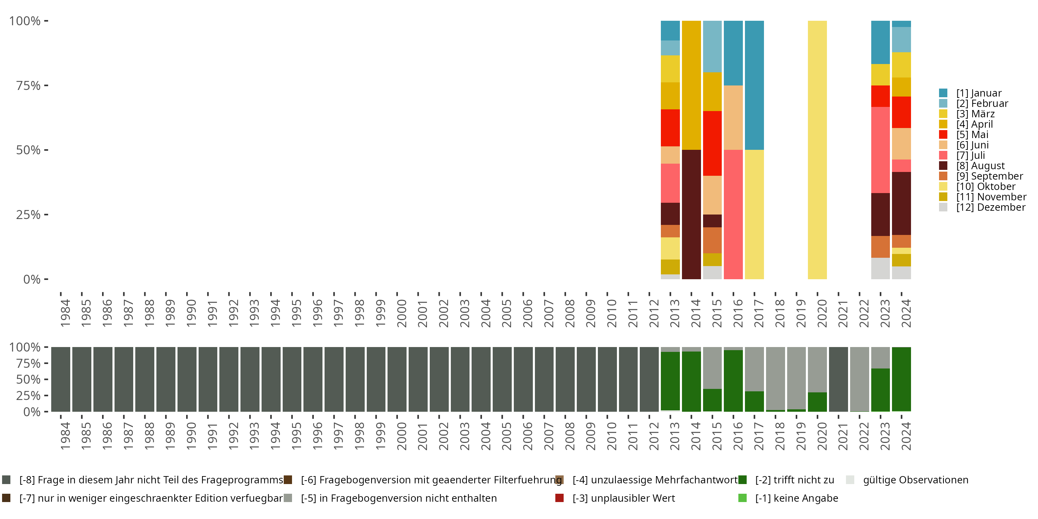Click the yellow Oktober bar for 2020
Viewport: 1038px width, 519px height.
(817, 149)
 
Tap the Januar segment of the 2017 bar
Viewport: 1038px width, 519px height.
(754, 85)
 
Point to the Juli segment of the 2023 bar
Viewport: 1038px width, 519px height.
(881, 149)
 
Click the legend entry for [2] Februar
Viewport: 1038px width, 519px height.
(982, 103)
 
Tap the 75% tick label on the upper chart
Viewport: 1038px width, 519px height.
(28, 85)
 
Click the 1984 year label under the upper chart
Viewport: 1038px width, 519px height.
(65, 313)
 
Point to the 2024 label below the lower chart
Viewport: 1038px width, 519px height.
(906, 436)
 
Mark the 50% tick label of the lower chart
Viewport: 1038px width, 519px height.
(28, 379)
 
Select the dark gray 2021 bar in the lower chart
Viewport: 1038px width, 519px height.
(838, 379)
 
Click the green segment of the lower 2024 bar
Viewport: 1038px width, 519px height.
(901, 379)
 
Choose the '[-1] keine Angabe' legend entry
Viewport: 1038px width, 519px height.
(796, 498)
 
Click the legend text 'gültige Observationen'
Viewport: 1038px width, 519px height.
(915, 480)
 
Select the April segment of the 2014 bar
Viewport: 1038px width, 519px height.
(691, 85)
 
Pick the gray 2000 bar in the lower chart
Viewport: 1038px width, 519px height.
(397, 379)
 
